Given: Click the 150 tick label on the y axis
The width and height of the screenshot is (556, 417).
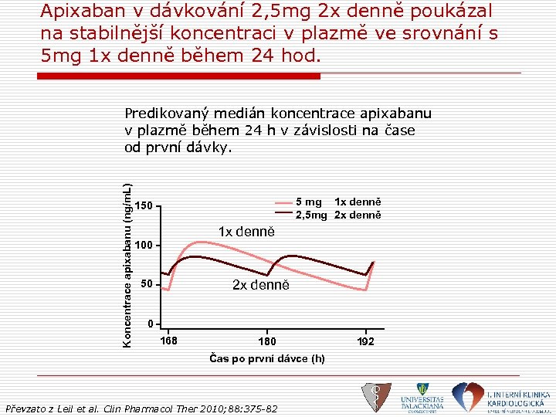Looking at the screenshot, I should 144,205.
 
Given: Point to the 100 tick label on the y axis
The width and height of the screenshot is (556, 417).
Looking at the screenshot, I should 144,246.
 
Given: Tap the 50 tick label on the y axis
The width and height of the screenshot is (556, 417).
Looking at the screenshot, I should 147,285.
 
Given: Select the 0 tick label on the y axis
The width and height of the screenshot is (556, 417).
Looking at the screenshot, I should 151,323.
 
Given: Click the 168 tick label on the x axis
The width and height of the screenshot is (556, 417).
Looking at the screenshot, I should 168,341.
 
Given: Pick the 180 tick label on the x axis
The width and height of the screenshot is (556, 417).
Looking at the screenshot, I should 266,341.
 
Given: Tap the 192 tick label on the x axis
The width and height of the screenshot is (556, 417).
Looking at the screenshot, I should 365,341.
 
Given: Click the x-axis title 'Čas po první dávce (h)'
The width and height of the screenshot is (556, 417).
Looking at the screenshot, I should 267,358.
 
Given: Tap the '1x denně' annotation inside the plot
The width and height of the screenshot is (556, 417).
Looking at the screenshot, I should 246,231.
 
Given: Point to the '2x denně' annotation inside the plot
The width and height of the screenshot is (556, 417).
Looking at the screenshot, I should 261,285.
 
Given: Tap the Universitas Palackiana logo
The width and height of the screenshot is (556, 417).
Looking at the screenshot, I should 422,396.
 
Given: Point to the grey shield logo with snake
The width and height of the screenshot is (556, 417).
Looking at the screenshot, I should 376,397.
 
